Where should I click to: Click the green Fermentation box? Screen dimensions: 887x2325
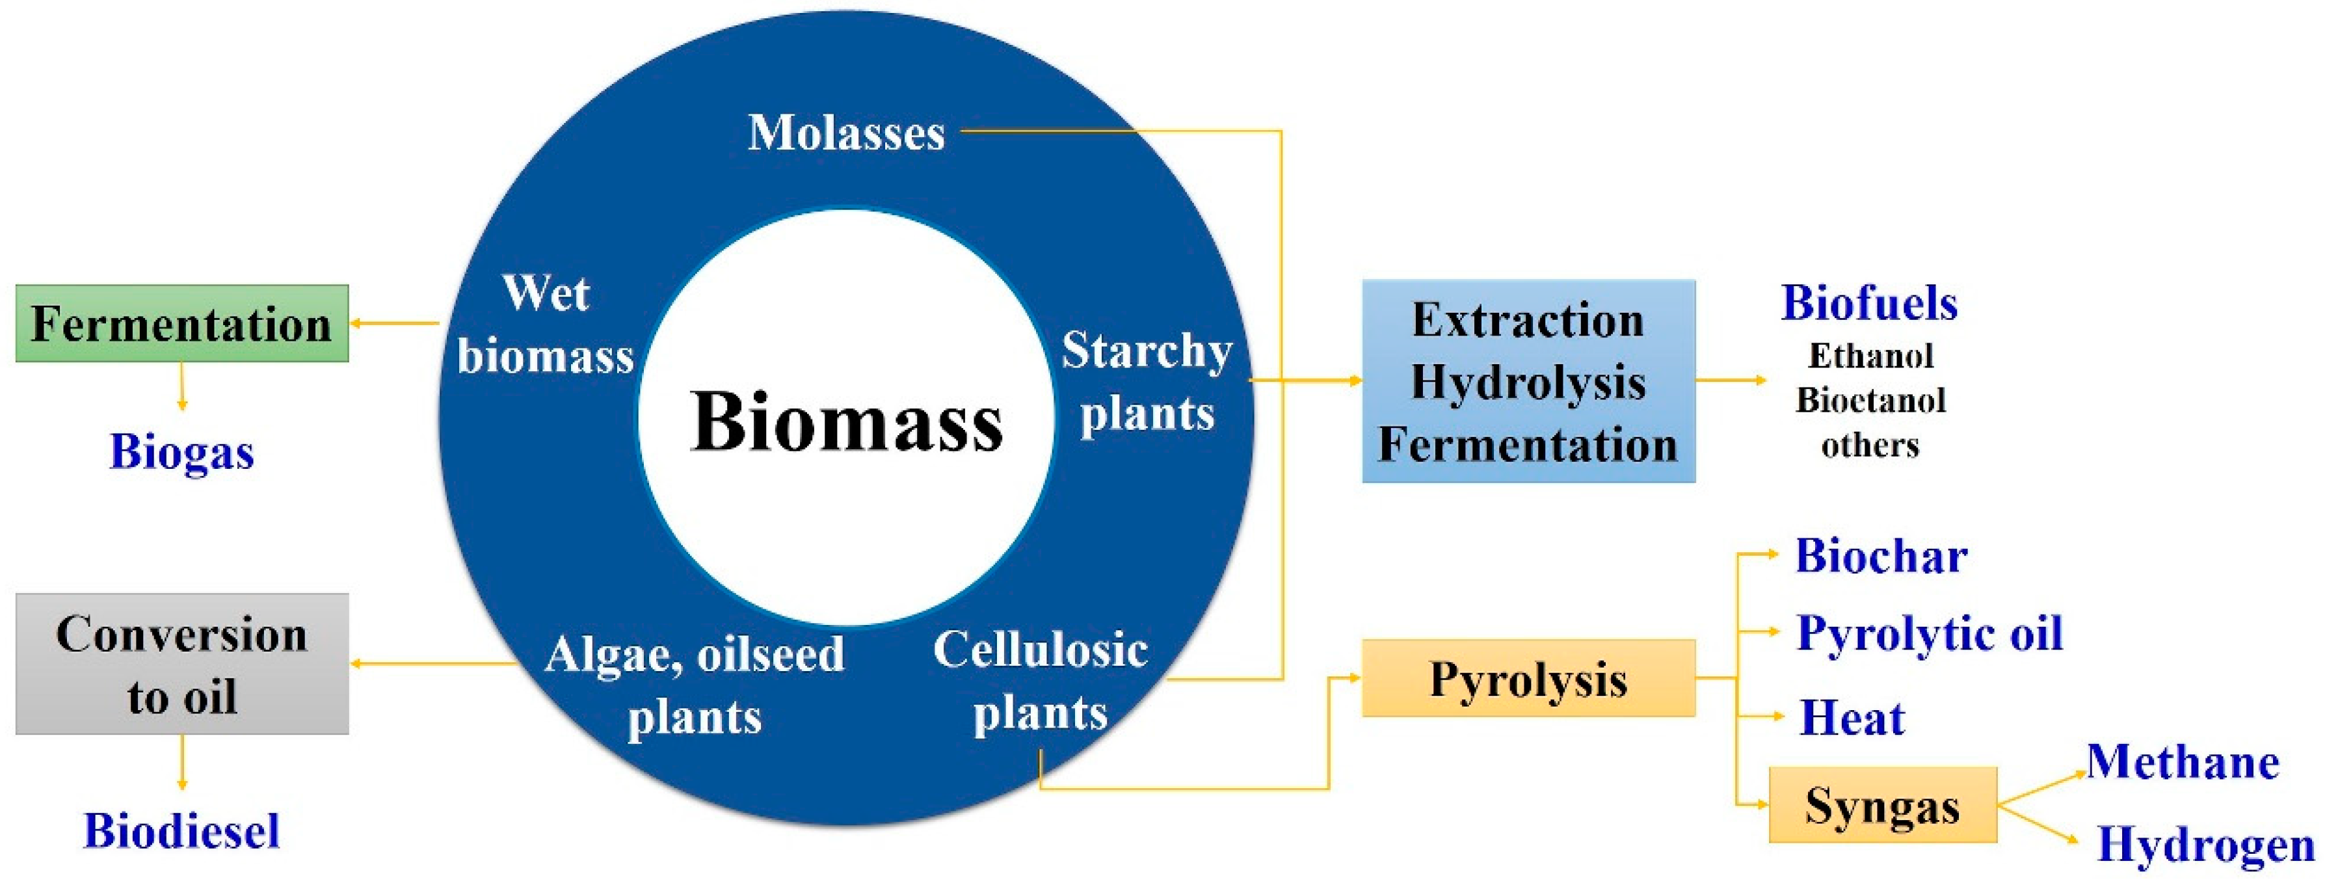pyautogui.click(x=181, y=323)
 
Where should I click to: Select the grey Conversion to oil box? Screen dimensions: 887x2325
pyautogui.click(x=181, y=663)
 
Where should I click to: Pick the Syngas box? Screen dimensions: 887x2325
pyautogui.click(x=1882, y=805)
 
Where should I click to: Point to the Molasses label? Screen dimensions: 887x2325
pyautogui.click(x=845, y=133)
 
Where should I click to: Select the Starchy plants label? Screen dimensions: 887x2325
pyautogui.click(x=1147, y=381)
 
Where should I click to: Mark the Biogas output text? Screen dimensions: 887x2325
pyautogui.click(x=181, y=451)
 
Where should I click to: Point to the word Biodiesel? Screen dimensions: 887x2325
pyautogui.click(x=181, y=830)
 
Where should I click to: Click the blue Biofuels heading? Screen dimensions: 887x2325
pyautogui.click(x=1869, y=302)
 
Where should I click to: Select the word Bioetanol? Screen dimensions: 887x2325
pyautogui.click(x=1870, y=400)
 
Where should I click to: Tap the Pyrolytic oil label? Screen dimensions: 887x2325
pyautogui.click(x=1930, y=633)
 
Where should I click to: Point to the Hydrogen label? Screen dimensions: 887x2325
pyautogui.click(x=2205, y=845)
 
